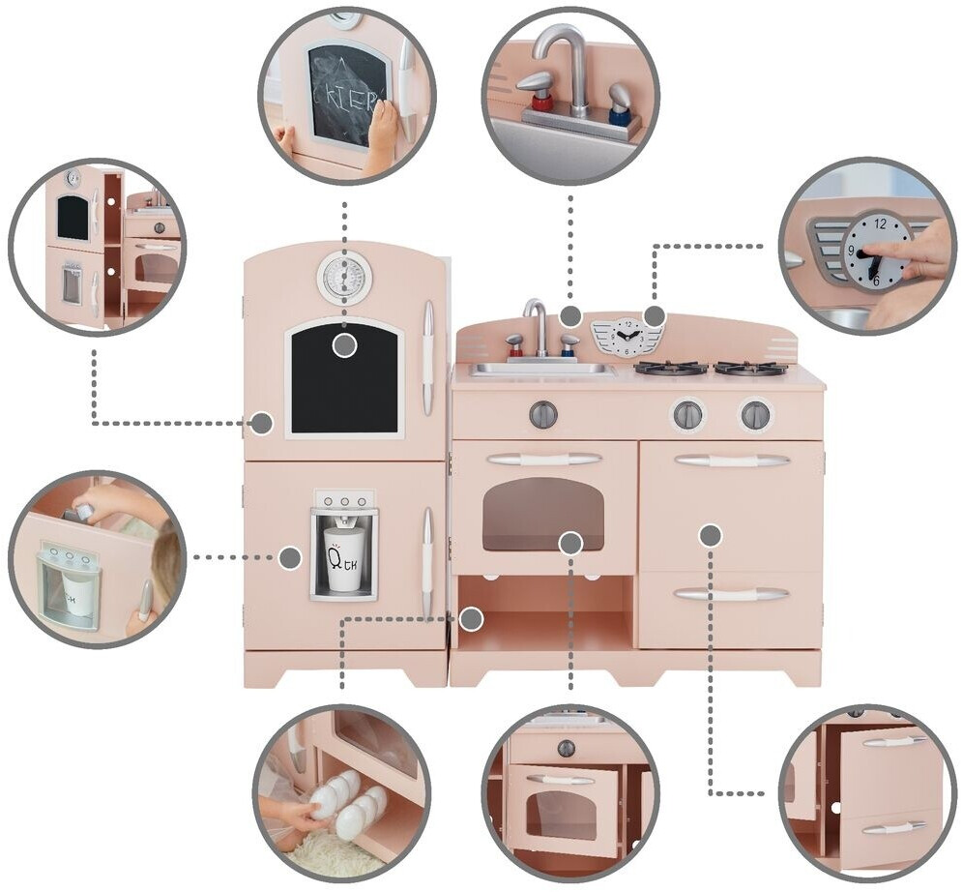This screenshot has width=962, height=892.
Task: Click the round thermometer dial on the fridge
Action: pyautogui.click(x=344, y=278)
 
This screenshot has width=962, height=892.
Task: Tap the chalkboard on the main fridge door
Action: pyautogui.click(x=344, y=382)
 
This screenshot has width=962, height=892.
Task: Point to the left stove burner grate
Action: pyautogui.click(x=670, y=368)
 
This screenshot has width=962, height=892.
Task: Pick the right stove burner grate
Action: pyautogui.click(x=750, y=368)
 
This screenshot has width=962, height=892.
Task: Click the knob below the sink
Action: pyautogui.click(x=543, y=414)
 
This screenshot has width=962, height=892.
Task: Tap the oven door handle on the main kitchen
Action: pyautogui.click(x=543, y=459)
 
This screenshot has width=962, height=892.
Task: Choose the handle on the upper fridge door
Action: pyautogui.click(x=427, y=357)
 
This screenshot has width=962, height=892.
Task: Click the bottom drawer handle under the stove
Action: pyautogui.click(x=731, y=594)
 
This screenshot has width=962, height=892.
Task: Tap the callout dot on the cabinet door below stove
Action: pyautogui.click(x=711, y=534)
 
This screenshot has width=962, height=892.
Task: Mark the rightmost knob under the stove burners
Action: pyautogui.click(x=756, y=415)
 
